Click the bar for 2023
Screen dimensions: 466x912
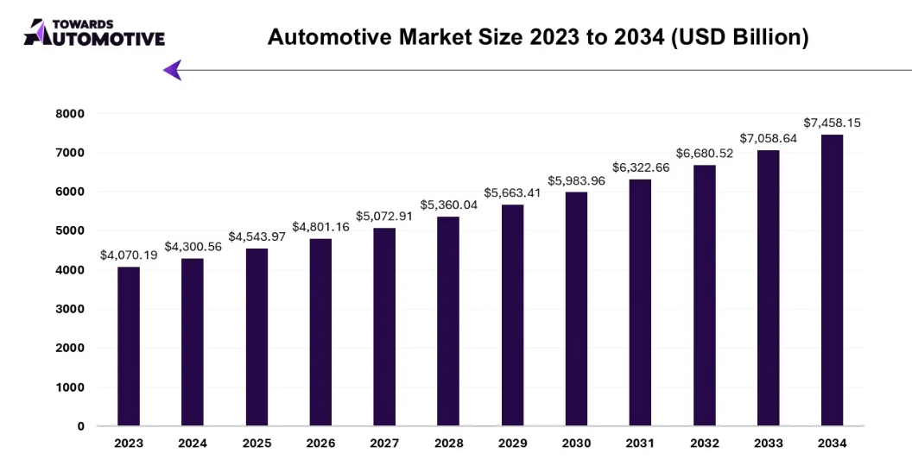[129, 346]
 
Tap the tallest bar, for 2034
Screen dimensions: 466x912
[832, 280]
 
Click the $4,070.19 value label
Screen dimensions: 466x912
[129, 255]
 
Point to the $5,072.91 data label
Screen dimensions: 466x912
[384, 216]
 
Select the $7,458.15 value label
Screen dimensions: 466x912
[832, 123]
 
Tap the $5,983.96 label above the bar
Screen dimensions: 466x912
[576, 180]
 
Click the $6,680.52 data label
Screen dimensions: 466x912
[704, 153]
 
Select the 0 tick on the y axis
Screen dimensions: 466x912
[80, 426]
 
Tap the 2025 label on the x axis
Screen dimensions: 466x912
[256, 444]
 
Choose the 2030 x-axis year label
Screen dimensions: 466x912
[576, 444]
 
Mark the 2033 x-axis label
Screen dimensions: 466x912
[768, 444]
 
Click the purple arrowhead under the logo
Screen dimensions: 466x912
[173, 70]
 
